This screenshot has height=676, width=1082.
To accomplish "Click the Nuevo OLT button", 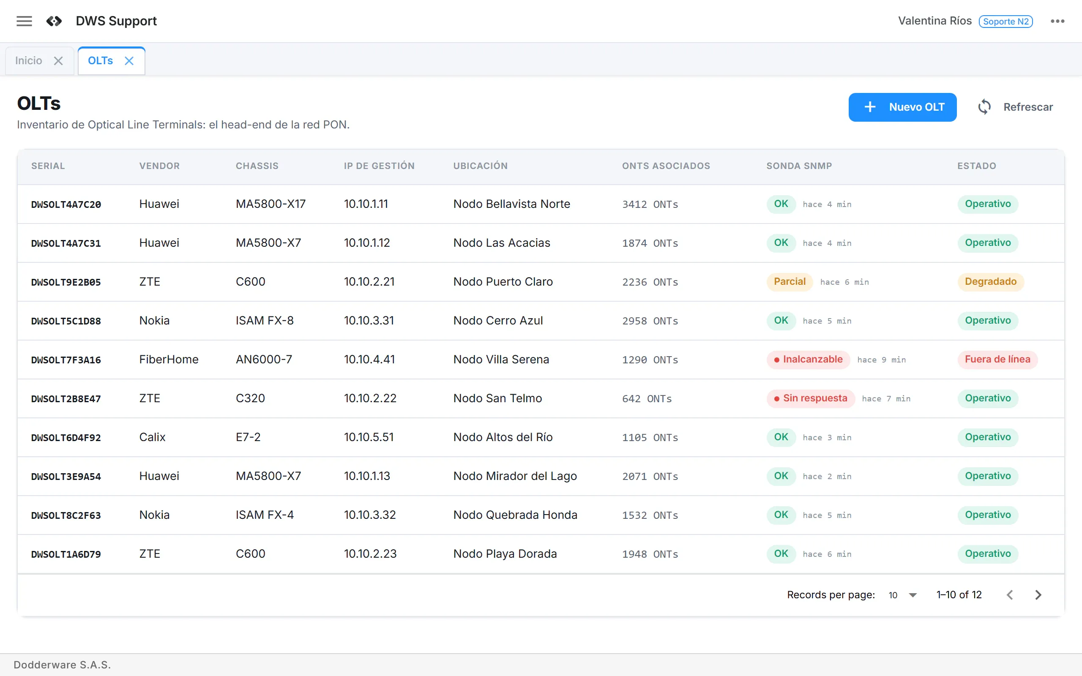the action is point(902,107).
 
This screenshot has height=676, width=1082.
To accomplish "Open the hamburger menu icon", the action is point(24,21).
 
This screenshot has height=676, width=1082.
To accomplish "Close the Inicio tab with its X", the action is point(58,61).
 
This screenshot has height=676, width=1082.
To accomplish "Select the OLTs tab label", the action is point(100,61).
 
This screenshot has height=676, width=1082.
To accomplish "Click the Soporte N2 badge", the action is point(1005,22).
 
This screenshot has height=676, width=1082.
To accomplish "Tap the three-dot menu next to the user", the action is point(1057,21).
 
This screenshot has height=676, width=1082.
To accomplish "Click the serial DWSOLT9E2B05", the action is point(66,282).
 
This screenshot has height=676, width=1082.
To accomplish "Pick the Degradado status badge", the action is point(991,282).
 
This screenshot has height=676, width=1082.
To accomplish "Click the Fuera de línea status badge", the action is point(997,360).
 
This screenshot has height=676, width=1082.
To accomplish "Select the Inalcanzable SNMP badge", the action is point(809,360).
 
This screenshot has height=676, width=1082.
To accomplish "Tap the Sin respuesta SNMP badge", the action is point(811,398).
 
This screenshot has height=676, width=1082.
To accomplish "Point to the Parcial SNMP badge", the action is point(790,282).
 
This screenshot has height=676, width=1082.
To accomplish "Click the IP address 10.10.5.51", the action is point(369,437).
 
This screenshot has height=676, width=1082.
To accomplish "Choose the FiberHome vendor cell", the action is point(169,360).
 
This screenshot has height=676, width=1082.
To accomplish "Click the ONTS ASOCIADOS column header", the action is point(666,166).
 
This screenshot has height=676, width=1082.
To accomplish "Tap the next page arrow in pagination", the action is point(1038,595).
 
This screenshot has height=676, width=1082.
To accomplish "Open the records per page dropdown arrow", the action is point(913,595).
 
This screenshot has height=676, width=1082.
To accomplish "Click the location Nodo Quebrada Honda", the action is point(515,515).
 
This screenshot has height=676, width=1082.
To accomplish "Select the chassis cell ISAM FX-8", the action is point(265,321).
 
